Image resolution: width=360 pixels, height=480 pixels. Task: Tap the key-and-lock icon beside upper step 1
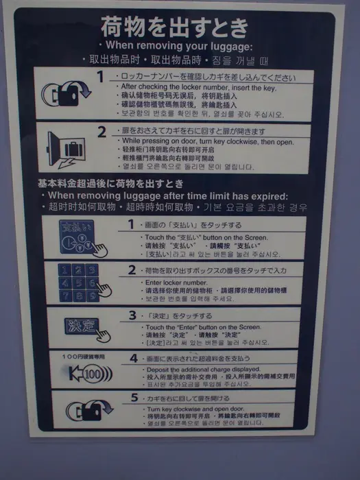pyautogui.click(x=65, y=93)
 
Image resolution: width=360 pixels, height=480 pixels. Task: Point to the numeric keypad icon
pyautogui.click(x=84, y=282)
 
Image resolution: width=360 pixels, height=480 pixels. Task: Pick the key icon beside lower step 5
pyautogui.click(x=86, y=411)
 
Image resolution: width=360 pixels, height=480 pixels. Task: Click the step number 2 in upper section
pyautogui.click(x=101, y=132)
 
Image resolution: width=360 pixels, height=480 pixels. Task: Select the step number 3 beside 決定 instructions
pyautogui.click(x=132, y=316)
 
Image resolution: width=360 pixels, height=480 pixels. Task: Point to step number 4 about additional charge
pyautogui.click(x=133, y=358)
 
